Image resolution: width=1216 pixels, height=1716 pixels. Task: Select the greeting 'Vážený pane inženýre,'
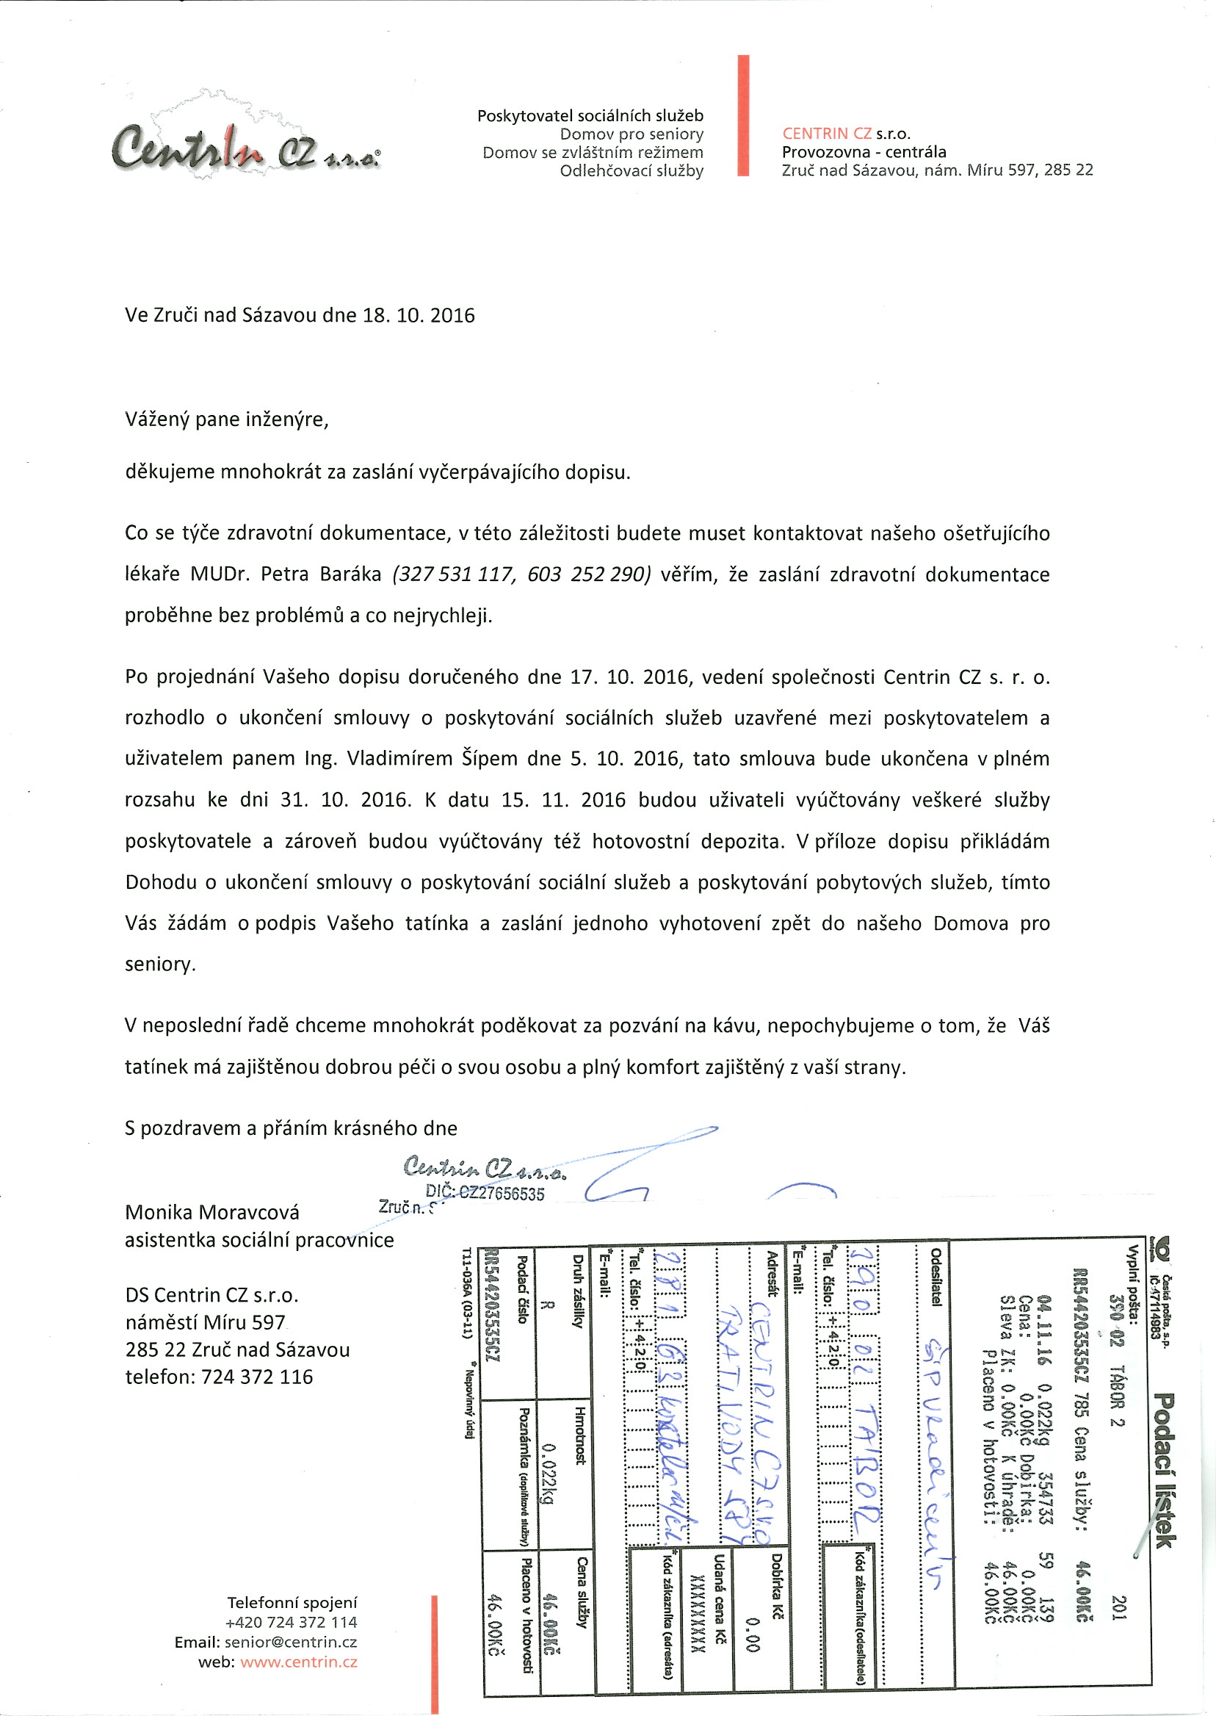click(227, 419)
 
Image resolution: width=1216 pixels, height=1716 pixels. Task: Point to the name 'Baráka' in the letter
click(351, 574)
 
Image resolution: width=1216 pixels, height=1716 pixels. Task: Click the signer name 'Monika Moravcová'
click(212, 1212)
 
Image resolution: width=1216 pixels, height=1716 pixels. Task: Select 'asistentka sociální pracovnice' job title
click(259, 1240)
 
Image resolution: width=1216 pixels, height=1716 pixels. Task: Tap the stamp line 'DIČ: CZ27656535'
click(485, 1193)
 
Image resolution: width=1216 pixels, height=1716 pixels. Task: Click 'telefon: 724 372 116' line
click(219, 1377)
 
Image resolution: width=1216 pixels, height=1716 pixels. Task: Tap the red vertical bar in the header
click(743, 115)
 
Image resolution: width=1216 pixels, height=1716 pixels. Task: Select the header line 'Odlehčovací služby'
click(631, 170)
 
